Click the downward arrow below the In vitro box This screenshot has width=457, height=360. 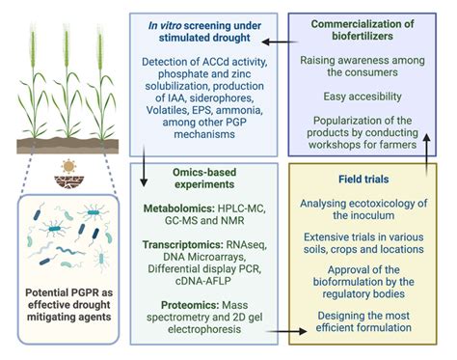tap(142, 155)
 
